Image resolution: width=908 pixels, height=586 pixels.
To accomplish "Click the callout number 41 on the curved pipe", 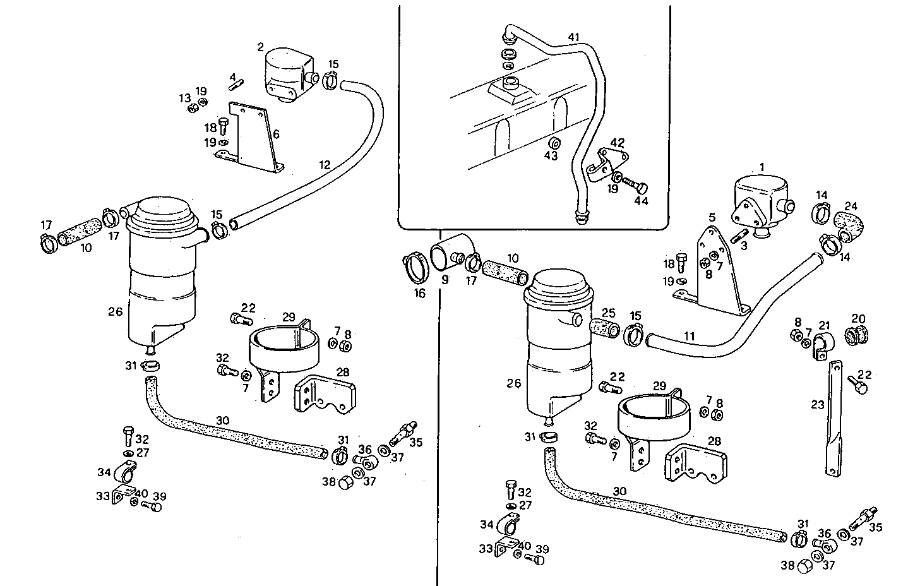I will pos(573,37).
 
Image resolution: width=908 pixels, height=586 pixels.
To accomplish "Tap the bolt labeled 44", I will pos(635,184).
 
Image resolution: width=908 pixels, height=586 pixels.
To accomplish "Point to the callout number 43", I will pos(551,155).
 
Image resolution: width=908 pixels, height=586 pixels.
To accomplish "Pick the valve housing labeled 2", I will pos(289,73).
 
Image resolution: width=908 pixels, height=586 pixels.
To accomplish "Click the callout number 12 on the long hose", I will pos(324,165).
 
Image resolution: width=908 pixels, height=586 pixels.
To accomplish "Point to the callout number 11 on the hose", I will pos(689,336).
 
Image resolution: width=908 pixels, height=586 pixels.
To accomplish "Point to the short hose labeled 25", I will pos(604,328).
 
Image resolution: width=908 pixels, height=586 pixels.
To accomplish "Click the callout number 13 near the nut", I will pos(184,98).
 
